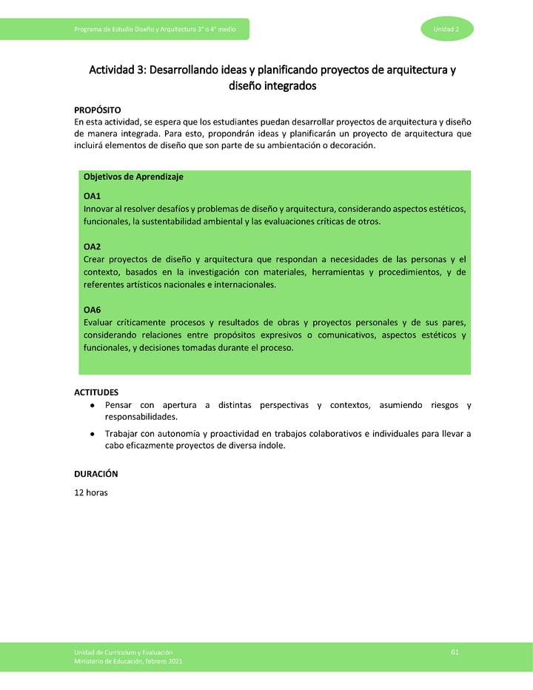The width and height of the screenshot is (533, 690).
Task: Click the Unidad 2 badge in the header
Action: pos(447,29)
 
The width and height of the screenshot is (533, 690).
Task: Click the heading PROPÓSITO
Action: pos(98,110)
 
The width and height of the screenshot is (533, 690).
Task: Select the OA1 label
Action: pos(92,196)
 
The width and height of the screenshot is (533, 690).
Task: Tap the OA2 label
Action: pos(92,247)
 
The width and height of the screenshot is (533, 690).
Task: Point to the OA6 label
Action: pos(92,310)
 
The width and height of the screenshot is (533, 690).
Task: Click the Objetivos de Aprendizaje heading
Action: pos(133,177)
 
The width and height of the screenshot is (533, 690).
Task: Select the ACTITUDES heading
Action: pos(96,392)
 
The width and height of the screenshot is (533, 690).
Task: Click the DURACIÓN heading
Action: pos(95,474)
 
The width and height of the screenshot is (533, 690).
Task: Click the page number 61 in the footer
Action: pos(455,652)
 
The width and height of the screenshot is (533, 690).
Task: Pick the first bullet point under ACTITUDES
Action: pos(91,406)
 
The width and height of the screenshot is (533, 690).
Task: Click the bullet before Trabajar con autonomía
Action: pos(91,434)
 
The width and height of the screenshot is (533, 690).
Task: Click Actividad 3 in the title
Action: pos(117,70)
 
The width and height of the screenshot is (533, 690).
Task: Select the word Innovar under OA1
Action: pos(101,209)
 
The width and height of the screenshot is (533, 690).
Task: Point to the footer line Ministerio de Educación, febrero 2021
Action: pos(128,661)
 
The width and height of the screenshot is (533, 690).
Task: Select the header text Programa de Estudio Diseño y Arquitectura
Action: pos(148,29)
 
